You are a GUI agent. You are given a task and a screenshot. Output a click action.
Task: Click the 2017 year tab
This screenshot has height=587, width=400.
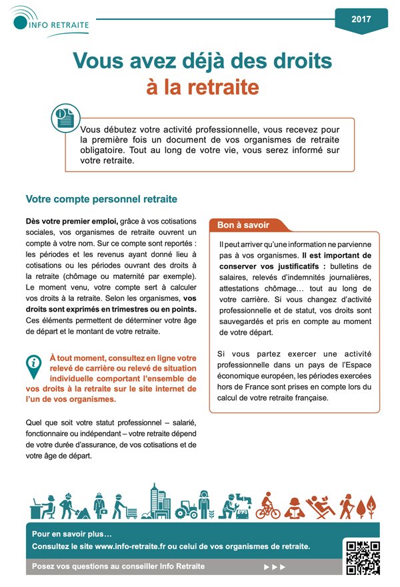[x=361, y=19]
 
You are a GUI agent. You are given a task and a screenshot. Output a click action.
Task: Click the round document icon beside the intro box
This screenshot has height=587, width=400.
[x=65, y=118]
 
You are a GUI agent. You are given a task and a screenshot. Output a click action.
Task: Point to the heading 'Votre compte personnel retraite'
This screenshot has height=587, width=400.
[x=101, y=198]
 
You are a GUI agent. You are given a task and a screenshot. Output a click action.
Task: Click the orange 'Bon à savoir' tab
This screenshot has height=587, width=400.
[x=243, y=226]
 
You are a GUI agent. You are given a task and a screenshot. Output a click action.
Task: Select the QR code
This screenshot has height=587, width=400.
[x=363, y=557]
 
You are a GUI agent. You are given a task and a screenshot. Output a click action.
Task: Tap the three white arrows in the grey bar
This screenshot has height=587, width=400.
[x=274, y=567]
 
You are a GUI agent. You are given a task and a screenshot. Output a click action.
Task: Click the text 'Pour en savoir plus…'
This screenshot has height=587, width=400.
[x=72, y=534]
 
